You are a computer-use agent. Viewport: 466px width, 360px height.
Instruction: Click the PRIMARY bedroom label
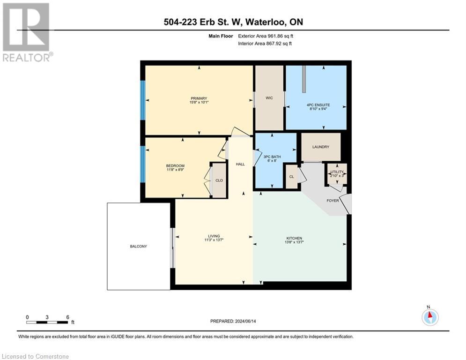click(199, 98)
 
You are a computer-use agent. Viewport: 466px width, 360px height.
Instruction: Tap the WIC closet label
click(269, 98)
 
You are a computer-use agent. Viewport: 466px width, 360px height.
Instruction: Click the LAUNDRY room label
click(321, 147)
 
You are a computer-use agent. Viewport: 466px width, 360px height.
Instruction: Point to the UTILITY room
click(336, 173)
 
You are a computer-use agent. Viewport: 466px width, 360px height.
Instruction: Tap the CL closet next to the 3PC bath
click(291, 177)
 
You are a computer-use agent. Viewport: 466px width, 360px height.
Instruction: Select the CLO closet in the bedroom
click(219, 180)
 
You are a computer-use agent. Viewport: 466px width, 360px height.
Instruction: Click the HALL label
click(240, 164)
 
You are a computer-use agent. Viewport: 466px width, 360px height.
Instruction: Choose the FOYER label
click(333, 200)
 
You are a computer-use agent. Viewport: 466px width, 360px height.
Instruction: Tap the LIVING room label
click(214, 236)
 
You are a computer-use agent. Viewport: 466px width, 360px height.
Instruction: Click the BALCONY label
click(139, 246)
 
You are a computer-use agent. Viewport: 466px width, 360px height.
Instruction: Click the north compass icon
click(429, 317)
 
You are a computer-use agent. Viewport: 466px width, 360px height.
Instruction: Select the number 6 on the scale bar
click(68, 317)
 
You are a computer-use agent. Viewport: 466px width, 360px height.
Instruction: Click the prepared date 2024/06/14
click(248, 321)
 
